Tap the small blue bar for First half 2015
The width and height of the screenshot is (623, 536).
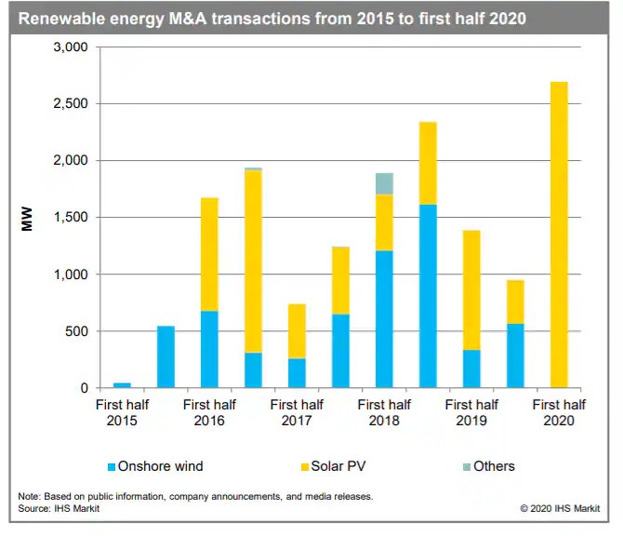[x=122, y=384]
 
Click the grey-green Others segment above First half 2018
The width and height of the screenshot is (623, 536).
[x=384, y=183]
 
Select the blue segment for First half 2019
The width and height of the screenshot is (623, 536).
[x=471, y=368]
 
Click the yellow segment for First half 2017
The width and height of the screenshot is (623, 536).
[x=297, y=331]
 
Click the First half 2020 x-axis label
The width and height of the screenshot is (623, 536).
[x=559, y=412]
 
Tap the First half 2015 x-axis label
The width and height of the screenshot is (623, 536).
[x=122, y=412]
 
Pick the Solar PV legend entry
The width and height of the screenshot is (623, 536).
[x=327, y=466]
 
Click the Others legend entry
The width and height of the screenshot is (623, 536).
[x=486, y=466]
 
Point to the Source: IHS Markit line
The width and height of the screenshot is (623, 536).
[x=60, y=508]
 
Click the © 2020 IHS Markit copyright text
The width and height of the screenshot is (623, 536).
[x=556, y=508]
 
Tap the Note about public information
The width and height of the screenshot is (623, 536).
[x=195, y=496]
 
